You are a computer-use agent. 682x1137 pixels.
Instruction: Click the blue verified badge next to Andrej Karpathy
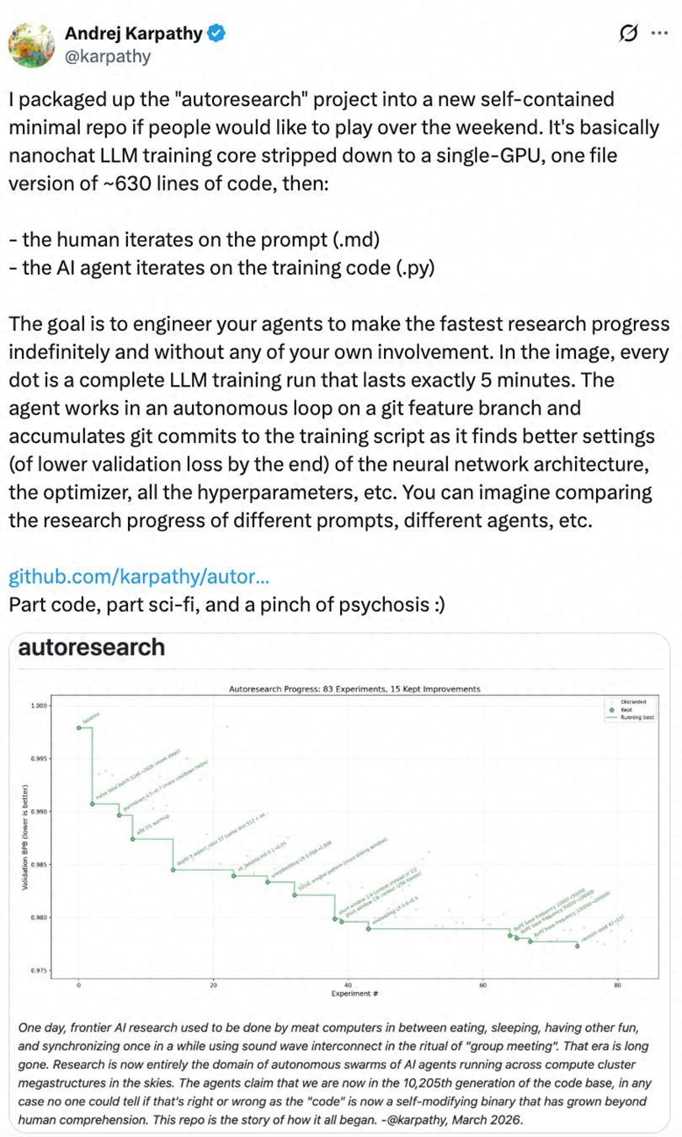[217, 34]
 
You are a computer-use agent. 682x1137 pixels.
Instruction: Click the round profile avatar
[32, 44]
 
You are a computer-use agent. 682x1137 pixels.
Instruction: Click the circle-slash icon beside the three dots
[627, 34]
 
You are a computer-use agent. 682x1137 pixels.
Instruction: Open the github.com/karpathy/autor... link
[139, 577]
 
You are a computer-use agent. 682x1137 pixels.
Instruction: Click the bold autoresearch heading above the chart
[91, 648]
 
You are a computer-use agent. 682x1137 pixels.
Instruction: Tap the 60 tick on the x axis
[483, 985]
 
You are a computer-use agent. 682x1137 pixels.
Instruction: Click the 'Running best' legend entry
[637, 718]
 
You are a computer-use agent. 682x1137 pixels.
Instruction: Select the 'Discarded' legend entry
[633, 702]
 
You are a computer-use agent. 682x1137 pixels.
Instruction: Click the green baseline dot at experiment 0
[79, 728]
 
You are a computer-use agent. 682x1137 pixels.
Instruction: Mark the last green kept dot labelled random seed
[578, 946]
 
